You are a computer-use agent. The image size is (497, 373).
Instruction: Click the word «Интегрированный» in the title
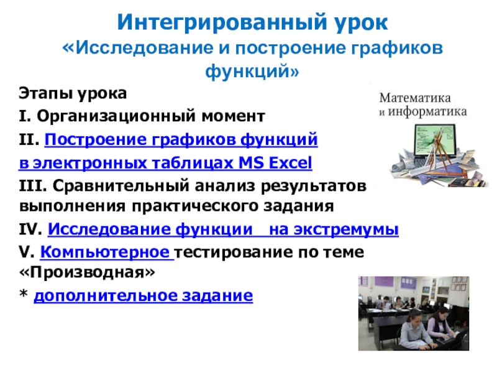click(x=222, y=23)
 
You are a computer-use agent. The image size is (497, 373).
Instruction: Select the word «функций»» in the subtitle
click(x=252, y=71)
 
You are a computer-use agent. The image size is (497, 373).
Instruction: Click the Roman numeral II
click(x=29, y=139)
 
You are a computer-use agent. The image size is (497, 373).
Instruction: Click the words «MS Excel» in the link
click(x=275, y=163)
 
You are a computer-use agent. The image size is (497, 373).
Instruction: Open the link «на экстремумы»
click(x=334, y=229)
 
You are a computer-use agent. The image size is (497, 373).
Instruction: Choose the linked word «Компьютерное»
click(x=107, y=252)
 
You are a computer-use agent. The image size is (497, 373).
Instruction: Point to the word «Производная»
click(x=87, y=272)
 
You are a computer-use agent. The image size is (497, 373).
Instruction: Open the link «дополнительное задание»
click(x=144, y=296)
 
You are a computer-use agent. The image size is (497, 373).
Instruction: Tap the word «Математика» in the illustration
click(x=415, y=98)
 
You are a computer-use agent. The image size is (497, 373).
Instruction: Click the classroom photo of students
click(x=414, y=313)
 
